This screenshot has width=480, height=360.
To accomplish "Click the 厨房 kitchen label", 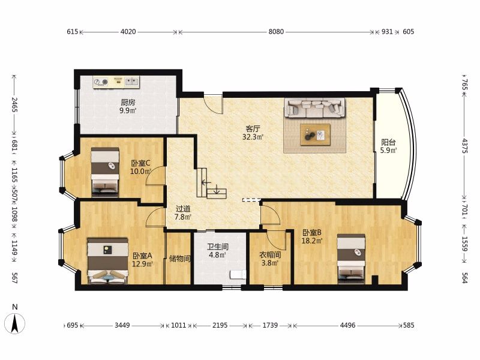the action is click(x=128, y=102).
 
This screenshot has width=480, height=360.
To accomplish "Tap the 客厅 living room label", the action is click(x=253, y=128).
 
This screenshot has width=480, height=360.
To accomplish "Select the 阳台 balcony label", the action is click(x=388, y=142).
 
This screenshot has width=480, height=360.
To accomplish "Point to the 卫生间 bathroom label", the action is click(x=218, y=247).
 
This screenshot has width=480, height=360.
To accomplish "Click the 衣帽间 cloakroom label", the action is click(x=270, y=254).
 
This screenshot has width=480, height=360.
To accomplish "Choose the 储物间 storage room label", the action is click(x=179, y=259).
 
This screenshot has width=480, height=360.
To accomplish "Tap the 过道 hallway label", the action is click(x=183, y=209).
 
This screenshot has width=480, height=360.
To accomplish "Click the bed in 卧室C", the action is click(x=105, y=172).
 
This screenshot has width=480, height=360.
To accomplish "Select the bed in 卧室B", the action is click(x=351, y=259).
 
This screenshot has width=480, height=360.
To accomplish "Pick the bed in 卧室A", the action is click(x=107, y=261).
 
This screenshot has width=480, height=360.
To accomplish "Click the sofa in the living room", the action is click(x=314, y=108).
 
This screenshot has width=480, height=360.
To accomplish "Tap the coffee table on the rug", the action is click(x=316, y=134).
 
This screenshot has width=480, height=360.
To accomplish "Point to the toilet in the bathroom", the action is click(x=238, y=274).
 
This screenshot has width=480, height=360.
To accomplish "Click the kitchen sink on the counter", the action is click(x=132, y=82).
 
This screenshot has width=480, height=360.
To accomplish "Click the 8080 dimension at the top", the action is click(x=276, y=32).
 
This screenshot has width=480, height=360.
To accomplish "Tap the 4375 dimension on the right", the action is click(x=464, y=146).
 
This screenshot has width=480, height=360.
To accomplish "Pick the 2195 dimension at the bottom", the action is click(x=220, y=325).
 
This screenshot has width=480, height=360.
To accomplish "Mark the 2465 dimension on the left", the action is click(x=14, y=104).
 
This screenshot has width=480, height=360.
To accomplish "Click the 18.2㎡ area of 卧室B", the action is click(x=312, y=241).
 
